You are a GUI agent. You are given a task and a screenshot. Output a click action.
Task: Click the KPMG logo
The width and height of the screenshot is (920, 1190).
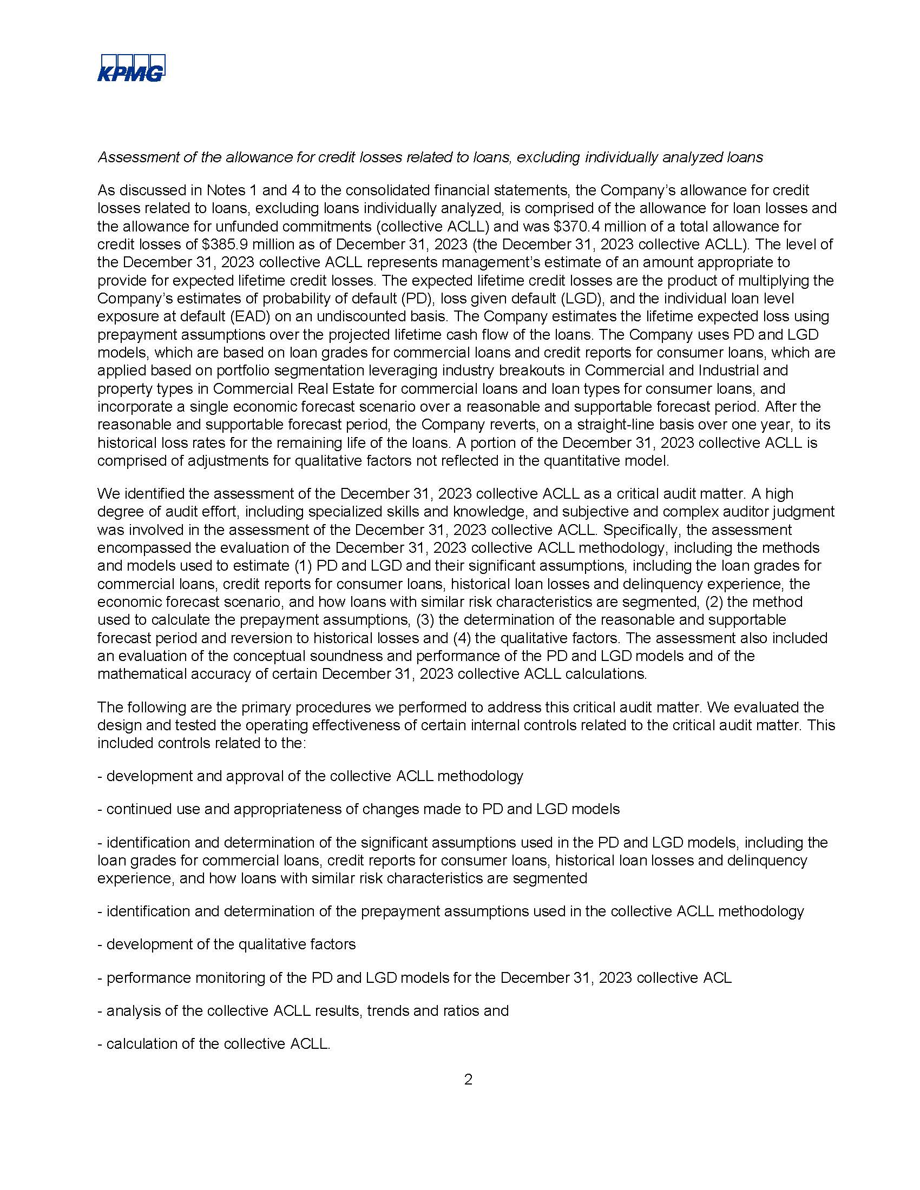click(131, 68)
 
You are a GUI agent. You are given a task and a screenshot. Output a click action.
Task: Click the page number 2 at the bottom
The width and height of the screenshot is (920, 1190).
click(468, 1080)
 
